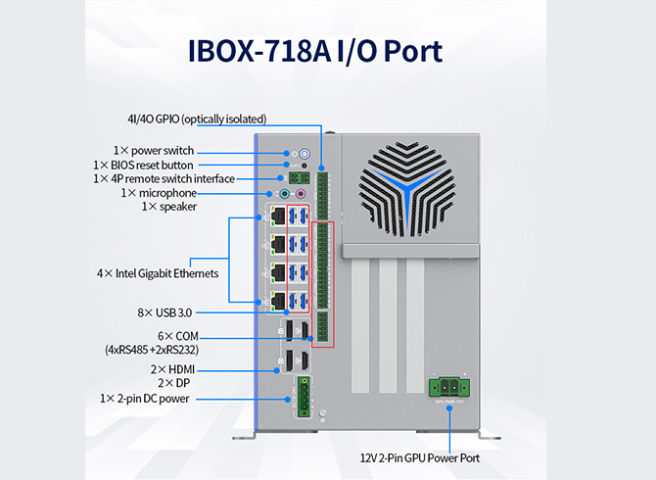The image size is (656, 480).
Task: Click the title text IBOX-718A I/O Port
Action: (x=315, y=52)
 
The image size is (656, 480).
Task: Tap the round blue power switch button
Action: (x=305, y=154)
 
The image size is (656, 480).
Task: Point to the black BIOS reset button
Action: (x=305, y=166)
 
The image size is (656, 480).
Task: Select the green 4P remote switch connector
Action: (x=300, y=178)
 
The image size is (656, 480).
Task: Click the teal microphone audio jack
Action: (x=285, y=194)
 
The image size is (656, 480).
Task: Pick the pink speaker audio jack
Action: (x=301, y=194)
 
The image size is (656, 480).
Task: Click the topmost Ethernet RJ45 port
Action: (x=278, y=216)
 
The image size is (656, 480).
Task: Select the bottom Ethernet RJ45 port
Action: (x=278, y=302)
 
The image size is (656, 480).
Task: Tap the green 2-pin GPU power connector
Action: (x=449, y=388)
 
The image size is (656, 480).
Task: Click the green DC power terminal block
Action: (x=305, y=397)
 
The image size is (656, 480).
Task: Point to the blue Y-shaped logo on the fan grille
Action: (x=405, y=189)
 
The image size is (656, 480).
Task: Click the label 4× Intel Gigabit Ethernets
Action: (x=158, y=273)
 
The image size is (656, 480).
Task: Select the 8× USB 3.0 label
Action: (x=164, y=312)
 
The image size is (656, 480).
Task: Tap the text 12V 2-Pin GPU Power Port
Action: (x=420, y=458)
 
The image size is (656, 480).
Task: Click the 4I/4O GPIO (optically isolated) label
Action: (x=197, y=120)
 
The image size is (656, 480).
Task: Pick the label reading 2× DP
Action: (x=174, y=383)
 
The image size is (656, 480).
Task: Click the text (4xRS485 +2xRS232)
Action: (x=152, y=350)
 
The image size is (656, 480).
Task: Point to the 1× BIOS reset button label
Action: (x=144, y=166)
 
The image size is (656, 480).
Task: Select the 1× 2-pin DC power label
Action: (x=145, y=399)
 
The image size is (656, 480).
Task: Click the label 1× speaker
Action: (x=169, y=207)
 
